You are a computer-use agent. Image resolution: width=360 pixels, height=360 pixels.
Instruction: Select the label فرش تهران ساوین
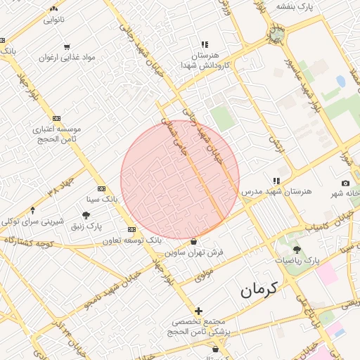pyautogui.click(x=193, y=251)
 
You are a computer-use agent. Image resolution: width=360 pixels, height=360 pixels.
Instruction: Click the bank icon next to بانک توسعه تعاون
pyautogui.click(x=131, y=230)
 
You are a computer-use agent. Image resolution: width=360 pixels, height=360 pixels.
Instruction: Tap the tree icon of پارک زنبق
pyautogui.click(x=86, y=216)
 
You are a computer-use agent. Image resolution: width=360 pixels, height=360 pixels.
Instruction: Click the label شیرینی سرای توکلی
pyautogui.click(x=32, y=221)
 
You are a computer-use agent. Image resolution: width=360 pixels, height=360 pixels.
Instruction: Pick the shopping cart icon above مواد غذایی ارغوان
pyautogui.click(x=66, y=47)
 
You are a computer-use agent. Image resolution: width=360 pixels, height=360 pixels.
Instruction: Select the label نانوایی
pyautogui.click(x=54, y=20)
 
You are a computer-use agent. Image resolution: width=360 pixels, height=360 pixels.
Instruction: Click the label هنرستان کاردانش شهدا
pyautogui.click(x=205, y=60)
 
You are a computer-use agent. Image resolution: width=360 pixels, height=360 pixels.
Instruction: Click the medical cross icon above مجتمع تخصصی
pyautogui.click(x=198, y=311)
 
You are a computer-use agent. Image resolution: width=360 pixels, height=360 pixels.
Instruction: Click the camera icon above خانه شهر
pyautogui.click(x=345, y=183)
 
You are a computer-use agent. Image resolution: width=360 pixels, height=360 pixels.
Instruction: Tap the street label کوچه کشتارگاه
pyautogui.click(x=28, y=241)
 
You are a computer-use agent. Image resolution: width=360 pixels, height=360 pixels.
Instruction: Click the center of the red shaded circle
pyautogui.click(x=180, y=180)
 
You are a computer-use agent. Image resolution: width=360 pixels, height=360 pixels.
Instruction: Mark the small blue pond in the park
pyautogui.click(x=341, y=81)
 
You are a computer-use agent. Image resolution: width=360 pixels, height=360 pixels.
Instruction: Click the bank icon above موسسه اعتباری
pyautogui.click(x=56, y=118)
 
